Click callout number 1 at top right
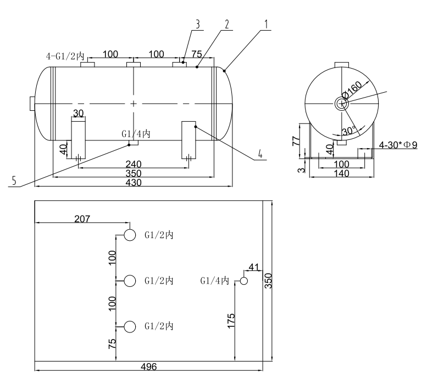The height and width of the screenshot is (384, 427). [x=266, y=24]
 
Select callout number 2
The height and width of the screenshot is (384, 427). [x=226, y=24]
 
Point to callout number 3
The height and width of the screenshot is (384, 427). [x=196, y=24]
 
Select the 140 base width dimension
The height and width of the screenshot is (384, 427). [x=341, y=173]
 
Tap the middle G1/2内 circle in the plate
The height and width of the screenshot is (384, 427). [x=130, y=281]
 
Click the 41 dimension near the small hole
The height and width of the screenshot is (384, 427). [x=253, y=267]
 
